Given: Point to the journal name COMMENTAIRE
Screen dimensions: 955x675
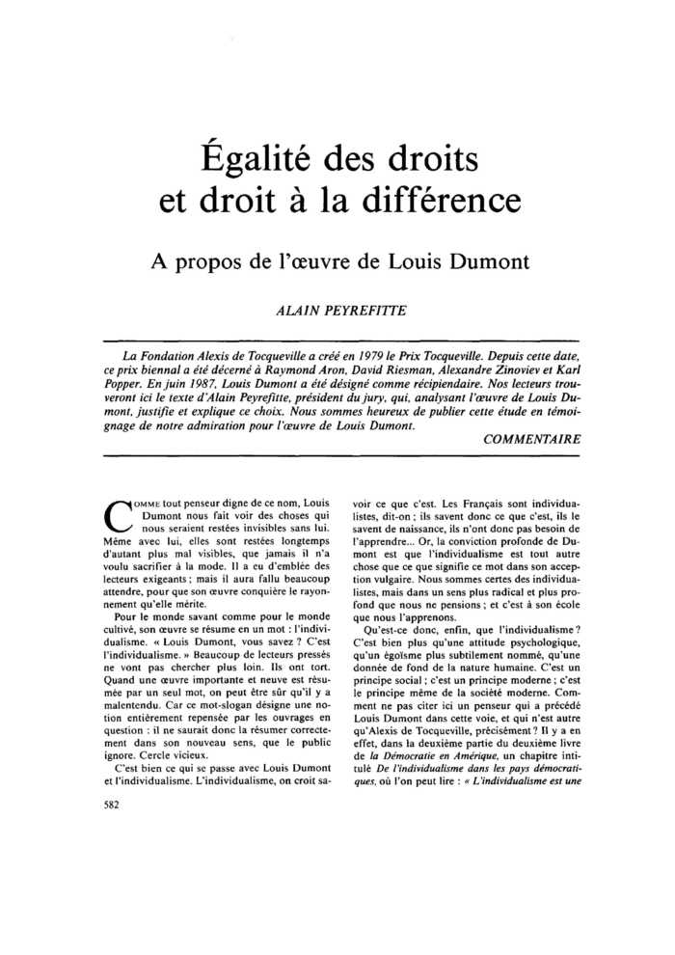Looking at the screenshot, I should [x=531, y=439].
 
